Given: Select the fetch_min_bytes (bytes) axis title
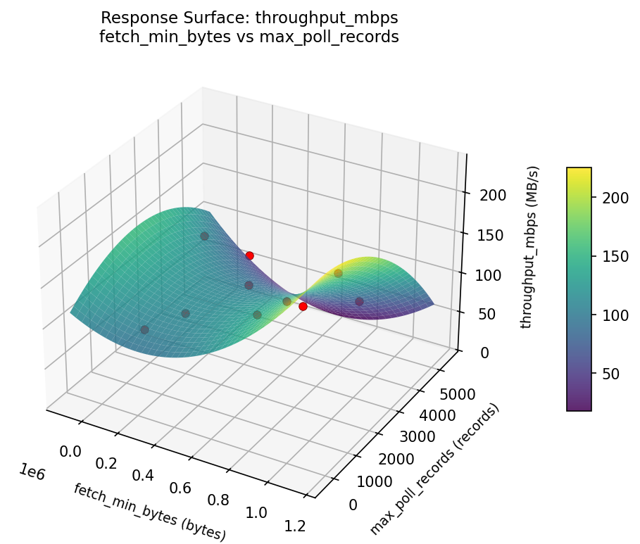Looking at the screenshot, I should pyautogui.click(x=149, y=512).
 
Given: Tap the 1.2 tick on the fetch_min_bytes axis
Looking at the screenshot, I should pyautogui.click(x=294, y=526).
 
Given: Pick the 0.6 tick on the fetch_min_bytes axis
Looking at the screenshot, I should pyautogui.click(x=182, y=488).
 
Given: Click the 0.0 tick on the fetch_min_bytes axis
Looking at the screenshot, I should pyautogui.click(x=71, y=450).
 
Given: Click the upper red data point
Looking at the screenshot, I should pyautogui.click(x=249, y=255).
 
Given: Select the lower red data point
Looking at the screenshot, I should pyautogui.click(x=303, y=306).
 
